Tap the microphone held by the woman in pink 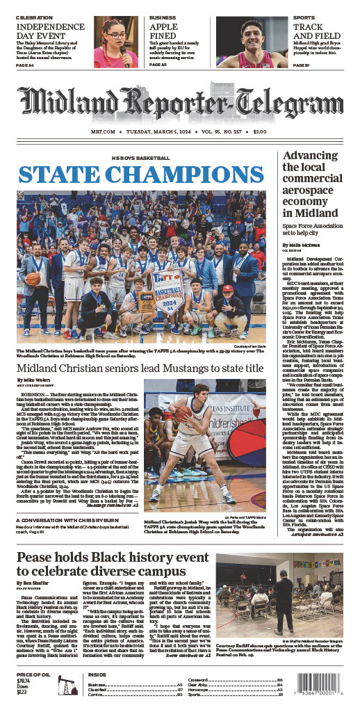(x=124, y=50)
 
